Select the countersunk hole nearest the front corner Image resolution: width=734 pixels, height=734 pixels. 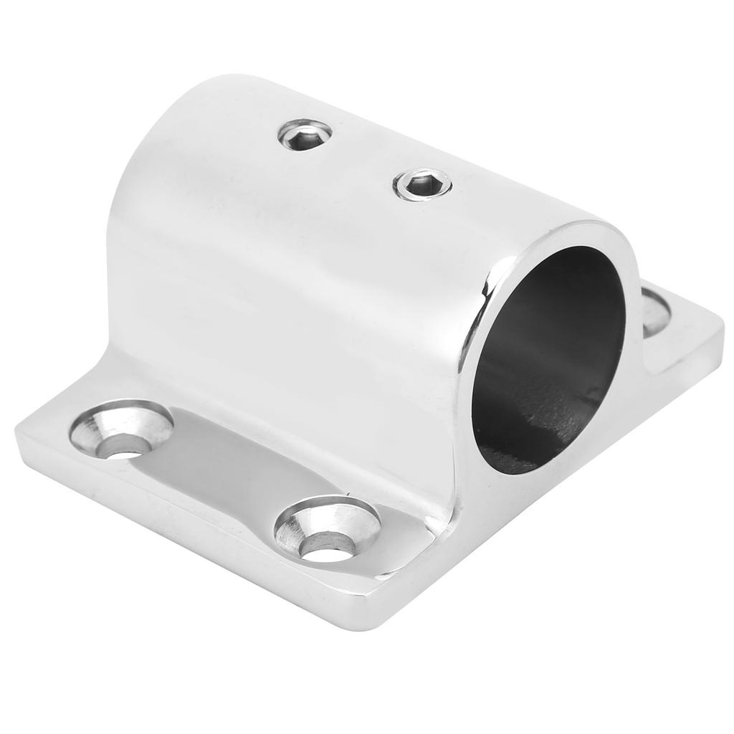(327, 530)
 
